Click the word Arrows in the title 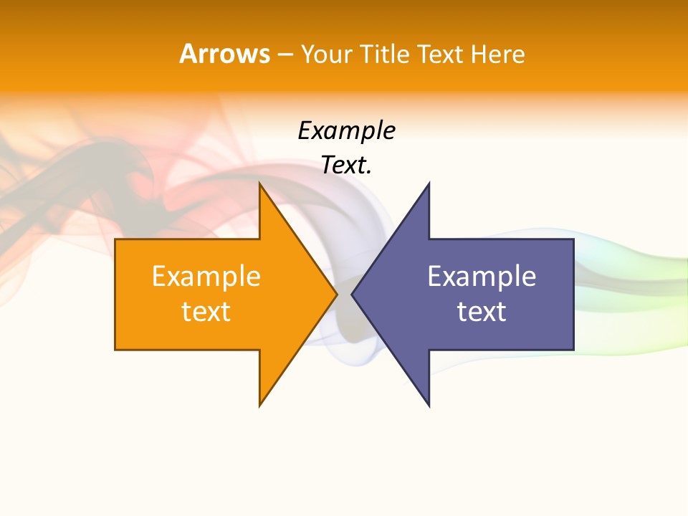(x=225, y=54)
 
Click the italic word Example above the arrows (x=346, y=131)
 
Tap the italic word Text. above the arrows (x=346, y=166)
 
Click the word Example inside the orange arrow (x=206, y=277)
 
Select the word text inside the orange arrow (x=206, y=312)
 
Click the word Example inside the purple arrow (x=482, y=277)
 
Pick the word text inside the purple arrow (x=482, y=312)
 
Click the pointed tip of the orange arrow (x=336, y=294)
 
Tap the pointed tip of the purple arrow (x=353, y=294)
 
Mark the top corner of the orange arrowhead (x=260, y=184)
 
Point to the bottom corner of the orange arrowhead (x=260, y=405)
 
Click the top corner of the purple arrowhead (x=429, y=184)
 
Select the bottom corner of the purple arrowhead (x=429, y=405)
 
